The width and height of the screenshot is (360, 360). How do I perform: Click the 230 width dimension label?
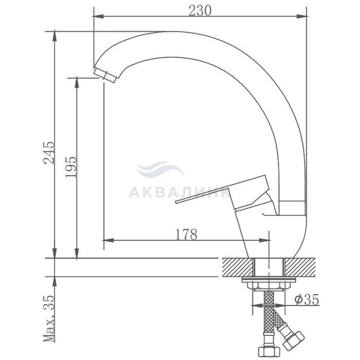click(200, 11)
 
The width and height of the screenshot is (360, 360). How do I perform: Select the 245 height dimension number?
click(49, 152)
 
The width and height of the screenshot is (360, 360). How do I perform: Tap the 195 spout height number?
click(70, 167)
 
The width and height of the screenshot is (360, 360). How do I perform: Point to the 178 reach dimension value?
click(186, 234)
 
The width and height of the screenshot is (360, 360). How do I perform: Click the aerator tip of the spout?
click(105, 75)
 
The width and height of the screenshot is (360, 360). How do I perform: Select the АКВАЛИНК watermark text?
click(179, 193)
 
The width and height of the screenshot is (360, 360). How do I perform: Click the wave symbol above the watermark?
click(160, 169)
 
